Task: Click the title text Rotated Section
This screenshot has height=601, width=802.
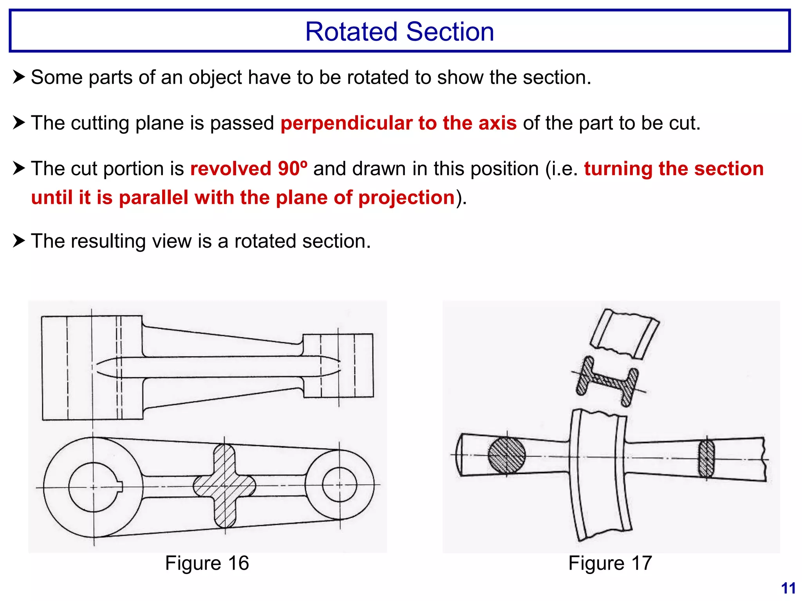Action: click(x=399, y=31)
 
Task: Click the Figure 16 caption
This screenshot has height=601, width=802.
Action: click(x=207, y=563)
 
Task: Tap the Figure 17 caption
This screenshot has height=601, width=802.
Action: click(x=610, y=563)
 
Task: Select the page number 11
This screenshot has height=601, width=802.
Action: click(x=788, y=588)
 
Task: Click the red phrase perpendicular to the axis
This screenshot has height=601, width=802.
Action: click(x=398, y=123)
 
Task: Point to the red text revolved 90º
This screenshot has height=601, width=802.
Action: click(x=248, y=169)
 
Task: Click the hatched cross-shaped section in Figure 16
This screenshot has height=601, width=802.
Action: click(x=224, y=486)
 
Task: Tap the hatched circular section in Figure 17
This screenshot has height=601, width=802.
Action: click(x=506, y=455)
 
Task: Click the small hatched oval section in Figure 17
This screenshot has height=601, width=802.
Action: click(x=706, y=459)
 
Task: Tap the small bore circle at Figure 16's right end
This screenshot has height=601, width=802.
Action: click(x=339, y=485)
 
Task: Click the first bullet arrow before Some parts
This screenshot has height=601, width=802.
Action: click(x=19, y=77)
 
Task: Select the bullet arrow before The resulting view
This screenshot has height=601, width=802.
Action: click(x=19, y=241)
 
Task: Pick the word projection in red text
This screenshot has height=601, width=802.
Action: click(x=406, y=197)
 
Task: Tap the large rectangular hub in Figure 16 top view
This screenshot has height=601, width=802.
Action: click(x=92, y=368)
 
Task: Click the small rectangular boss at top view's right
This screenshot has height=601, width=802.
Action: click(x=338, y=365)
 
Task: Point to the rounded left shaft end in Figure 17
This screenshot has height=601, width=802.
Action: click(x=461, y=455)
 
